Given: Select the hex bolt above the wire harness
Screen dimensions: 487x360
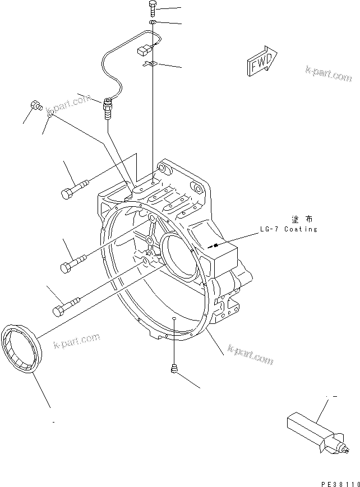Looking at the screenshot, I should [x=153, y=8].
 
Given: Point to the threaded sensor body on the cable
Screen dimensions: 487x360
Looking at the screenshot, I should [x=107, y=109].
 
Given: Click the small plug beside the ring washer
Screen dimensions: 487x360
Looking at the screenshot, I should [x=36, y=104].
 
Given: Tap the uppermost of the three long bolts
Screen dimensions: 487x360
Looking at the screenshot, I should [x=73, y=188].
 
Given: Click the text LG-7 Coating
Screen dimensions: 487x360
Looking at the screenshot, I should [x=288, y=229].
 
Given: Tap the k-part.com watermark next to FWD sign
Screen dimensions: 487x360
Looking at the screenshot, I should [x=327, y=75].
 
